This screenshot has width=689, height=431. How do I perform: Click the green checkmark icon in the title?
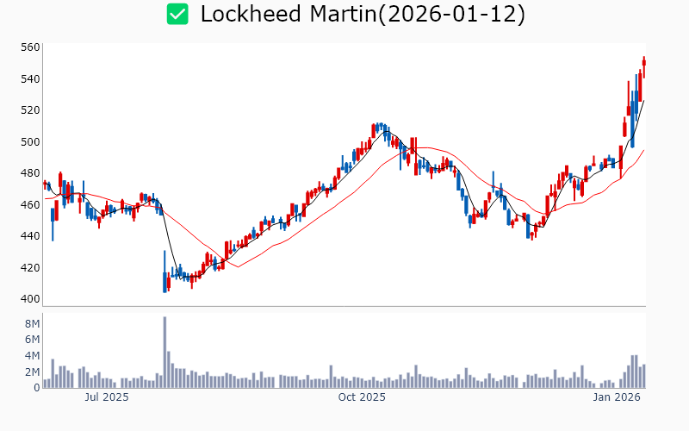(177, 14)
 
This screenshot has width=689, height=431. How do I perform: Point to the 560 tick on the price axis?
(30, 47)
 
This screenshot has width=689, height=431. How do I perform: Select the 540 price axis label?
(30, 79)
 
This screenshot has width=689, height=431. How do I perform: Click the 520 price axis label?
(30, 110)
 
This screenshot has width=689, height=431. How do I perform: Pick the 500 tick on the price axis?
(30, 142)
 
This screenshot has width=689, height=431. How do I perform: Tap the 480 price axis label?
(30, 173)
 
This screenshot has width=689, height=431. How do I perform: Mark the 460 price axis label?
(30, 205)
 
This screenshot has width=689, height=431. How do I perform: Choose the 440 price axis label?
(30, 236)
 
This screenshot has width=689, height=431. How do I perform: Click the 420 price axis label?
(30, 268)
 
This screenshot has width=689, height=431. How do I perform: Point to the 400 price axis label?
(30, 299)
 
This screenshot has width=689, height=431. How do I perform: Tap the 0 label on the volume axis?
(35, 388)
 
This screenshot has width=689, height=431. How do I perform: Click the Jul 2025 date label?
(106, 397)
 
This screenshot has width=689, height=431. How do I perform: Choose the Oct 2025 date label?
(362, 397)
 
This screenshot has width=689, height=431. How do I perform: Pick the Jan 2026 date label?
(616, 397)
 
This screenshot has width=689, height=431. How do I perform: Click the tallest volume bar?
(164, 353)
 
